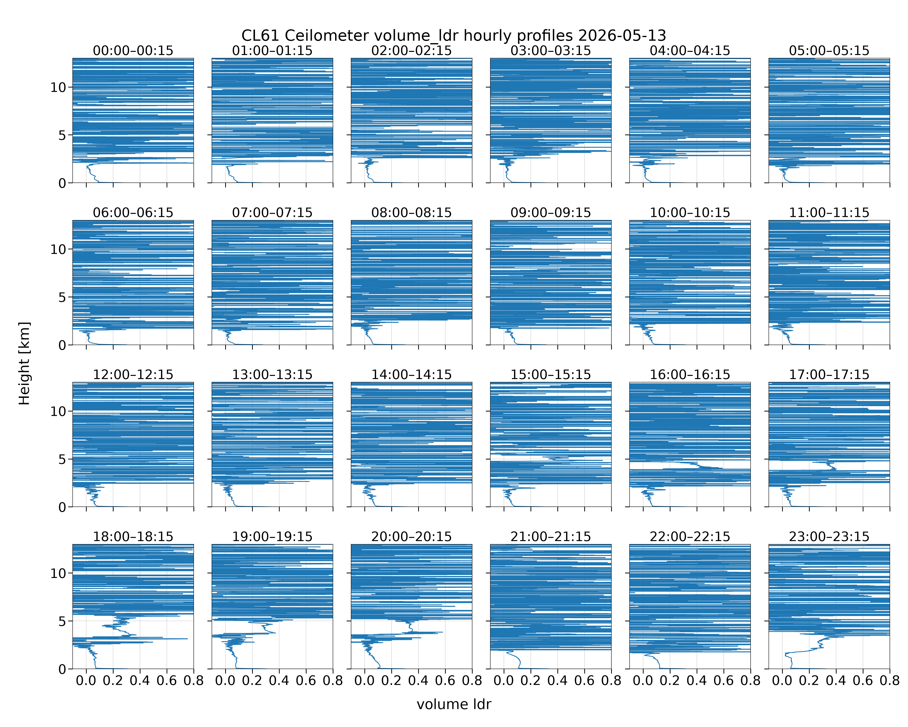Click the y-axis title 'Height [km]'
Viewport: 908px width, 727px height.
pyautogui.click(x=24, y=363)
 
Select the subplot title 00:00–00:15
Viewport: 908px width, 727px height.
pyautogui.click(x=133, y=51)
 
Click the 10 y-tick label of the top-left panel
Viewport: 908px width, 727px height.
pyautogui.click(x=59, y=87)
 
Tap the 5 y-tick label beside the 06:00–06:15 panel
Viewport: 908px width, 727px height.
pyautogui.click(x=62, y=298)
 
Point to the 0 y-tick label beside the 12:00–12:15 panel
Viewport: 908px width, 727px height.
pyautogui.click(x=62, y=507)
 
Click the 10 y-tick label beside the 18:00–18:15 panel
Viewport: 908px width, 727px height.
pyautogui.click(x=59, y=573)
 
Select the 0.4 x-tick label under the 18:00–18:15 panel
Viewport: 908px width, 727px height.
pyautogui.click(x=140, y=681)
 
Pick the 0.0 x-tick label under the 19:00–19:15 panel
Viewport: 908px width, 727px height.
pyautogui.click(x=225, y=681)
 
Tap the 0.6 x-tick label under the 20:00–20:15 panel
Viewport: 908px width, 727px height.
pyautogui.click(x=445, y=681)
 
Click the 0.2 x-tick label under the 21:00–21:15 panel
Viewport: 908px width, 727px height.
pyautogui.click(x=531, y=681)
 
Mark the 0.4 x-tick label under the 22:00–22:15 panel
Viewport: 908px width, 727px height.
pyautogui.click(x=697, y=681)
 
